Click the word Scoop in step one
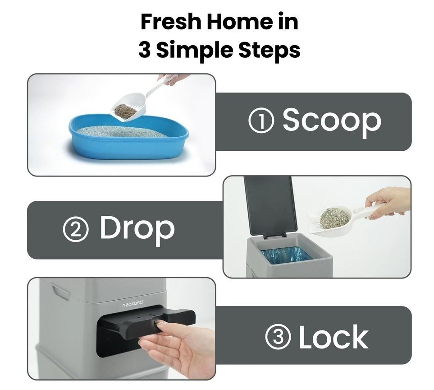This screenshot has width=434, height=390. [x=332, y=121]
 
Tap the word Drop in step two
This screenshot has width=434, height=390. [x=137, y=229]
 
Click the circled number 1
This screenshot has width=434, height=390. [x=261, y=121]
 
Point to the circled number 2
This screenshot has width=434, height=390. [x=76, y=229]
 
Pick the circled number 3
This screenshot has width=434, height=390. [x=278, y=337]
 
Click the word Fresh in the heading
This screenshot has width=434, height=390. [x=170, y=22]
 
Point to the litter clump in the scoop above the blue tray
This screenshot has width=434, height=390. [x=125, y=111]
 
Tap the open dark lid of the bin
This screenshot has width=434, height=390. [x=270, y=206]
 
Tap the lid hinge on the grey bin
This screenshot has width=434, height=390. [x=275, y=235]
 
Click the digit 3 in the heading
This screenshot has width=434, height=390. [x=145, y=50]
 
